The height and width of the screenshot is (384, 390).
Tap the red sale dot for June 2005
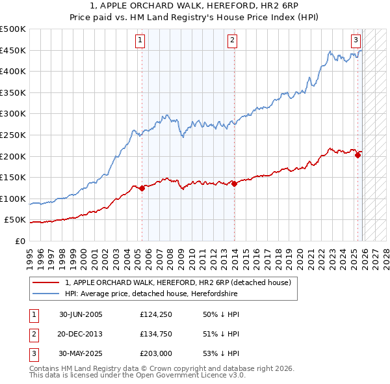(x=142, y=188)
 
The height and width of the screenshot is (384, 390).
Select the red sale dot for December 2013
(x=234, y=184)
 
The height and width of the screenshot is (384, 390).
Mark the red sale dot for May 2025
(x=357, y=155)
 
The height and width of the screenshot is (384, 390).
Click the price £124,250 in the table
(x=155, y=314)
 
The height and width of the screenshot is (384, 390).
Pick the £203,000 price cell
(x=155, y=353)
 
